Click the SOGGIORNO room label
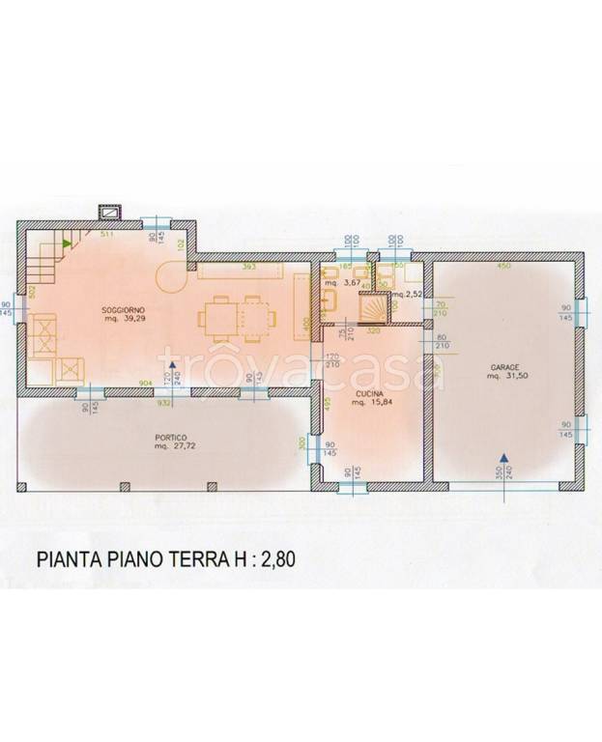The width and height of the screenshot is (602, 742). point(122,310)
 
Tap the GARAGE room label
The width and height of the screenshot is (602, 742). point(504,367)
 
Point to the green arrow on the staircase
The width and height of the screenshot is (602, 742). point(66,245)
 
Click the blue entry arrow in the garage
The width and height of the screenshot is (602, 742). point(502,459)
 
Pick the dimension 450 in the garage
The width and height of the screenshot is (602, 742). point(502,267)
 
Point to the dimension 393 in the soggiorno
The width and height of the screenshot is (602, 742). point(247,266)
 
